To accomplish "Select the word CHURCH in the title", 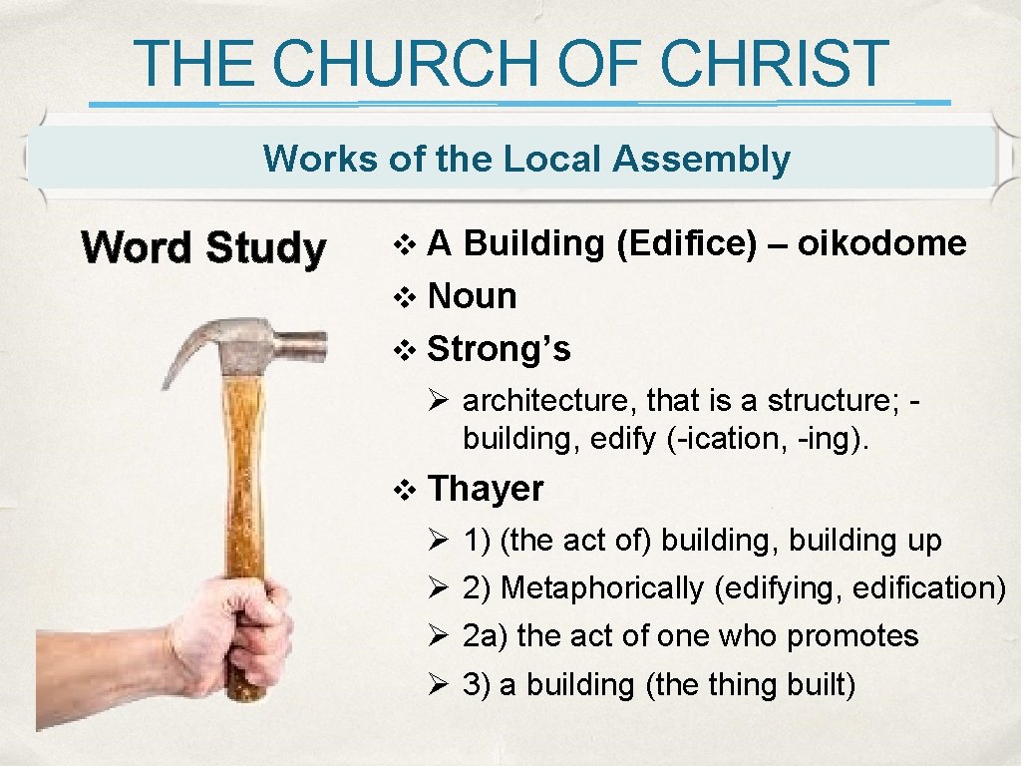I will (x=406, y=63).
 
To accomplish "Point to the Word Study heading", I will (x=203, y=248).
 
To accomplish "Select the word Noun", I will (x=472, y=296).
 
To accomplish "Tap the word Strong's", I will (x=499, y=349).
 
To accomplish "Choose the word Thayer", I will (x=486, y=489).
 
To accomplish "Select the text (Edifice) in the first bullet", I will (x=687, y=243).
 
